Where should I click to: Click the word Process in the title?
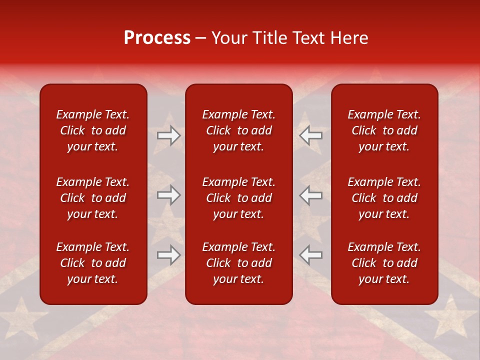coord(157,38)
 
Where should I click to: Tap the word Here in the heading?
coord(349,38)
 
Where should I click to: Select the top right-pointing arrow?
coord(168,135)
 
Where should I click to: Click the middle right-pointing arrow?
coord(168,195)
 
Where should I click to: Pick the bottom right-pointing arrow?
coord(168,255)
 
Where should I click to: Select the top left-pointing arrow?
coord(311,135)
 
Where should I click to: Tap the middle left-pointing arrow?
coord(311,195)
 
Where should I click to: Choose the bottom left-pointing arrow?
coord(311,255)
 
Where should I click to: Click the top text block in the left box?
coord(93,130)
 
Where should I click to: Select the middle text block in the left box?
coord(93,198)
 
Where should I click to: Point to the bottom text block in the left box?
coord(93,263)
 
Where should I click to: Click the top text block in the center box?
coord(239,130)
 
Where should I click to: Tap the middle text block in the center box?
coord(239,198)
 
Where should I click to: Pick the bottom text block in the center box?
coord(239,263)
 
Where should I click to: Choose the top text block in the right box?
coord(384,130)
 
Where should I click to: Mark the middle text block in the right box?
coord(384,198)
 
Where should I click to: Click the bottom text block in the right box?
coord(384,263)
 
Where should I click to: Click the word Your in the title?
coord(227,38)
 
